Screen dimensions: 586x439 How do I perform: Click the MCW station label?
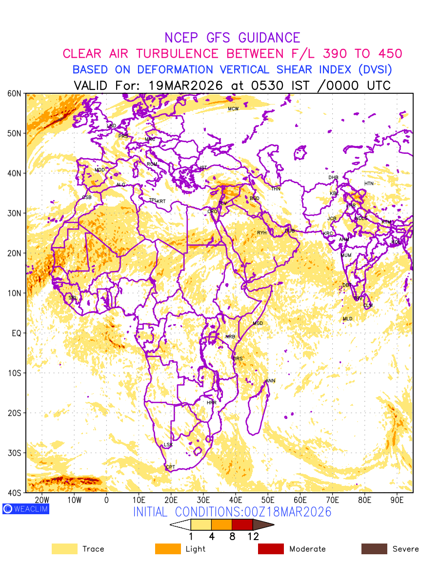[x=233, y=109]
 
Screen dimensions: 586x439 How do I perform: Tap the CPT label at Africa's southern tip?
[x=170, y=467]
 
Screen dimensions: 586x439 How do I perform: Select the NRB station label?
[x=230, y=337]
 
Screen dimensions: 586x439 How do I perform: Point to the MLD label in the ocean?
[x=347, y=319]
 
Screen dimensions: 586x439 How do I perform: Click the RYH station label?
[x=262, y=233]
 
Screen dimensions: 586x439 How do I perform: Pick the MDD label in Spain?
[x=100, y=170]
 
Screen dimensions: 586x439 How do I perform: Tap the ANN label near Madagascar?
[x=270, y=381]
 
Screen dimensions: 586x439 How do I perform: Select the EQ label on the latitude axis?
[x=17, y=333]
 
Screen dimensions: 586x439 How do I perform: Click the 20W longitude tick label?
[x=42, y=500]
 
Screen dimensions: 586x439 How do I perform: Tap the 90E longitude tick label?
[x=397, y=500]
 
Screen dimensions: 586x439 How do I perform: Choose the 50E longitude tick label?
[x=268, y=500]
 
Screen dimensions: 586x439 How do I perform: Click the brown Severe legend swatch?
[x=374, y=549]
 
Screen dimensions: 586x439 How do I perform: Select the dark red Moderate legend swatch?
[x=271, y=549]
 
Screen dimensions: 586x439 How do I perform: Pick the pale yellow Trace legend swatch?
[x=64, y=549]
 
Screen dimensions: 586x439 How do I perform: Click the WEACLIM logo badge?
[x=26, y=509]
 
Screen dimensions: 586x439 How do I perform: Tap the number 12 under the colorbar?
[x=253, y=536]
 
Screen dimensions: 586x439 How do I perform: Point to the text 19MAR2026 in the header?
[x=186, y=85]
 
